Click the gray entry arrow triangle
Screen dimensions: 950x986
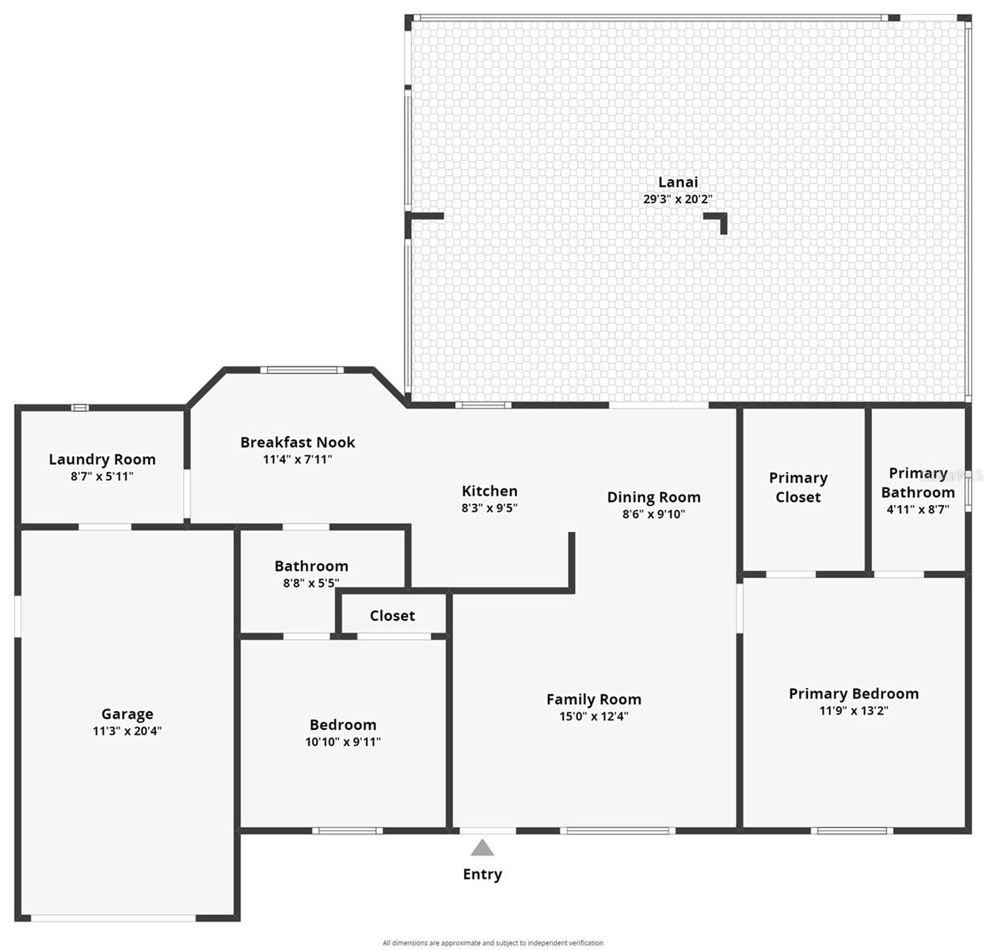(482, 849)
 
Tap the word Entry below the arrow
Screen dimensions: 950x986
(482, 874)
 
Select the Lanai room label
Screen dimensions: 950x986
(678, 182)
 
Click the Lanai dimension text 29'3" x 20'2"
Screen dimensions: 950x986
(678, 199)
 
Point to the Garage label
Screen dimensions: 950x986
(127, 714)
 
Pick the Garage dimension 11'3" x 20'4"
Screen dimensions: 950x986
(127, 731)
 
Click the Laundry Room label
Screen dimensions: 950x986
(102, 459)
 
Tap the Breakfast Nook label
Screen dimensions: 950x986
(298, 443)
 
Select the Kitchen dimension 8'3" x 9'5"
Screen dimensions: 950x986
(489, 508)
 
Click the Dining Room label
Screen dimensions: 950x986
(653, 497)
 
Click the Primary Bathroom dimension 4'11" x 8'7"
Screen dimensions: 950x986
(917, 509)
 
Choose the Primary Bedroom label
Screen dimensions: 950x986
(854, 693)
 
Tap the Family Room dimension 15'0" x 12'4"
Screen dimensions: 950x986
(593, 716)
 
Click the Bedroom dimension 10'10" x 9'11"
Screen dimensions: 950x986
(343, 742)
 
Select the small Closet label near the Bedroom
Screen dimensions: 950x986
(392, 616)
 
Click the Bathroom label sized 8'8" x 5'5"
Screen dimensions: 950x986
(311, 566)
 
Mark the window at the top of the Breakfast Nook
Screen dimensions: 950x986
(302, 370)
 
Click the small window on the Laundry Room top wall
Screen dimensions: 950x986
(79, 408)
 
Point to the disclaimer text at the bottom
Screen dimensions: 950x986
(493, 943)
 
